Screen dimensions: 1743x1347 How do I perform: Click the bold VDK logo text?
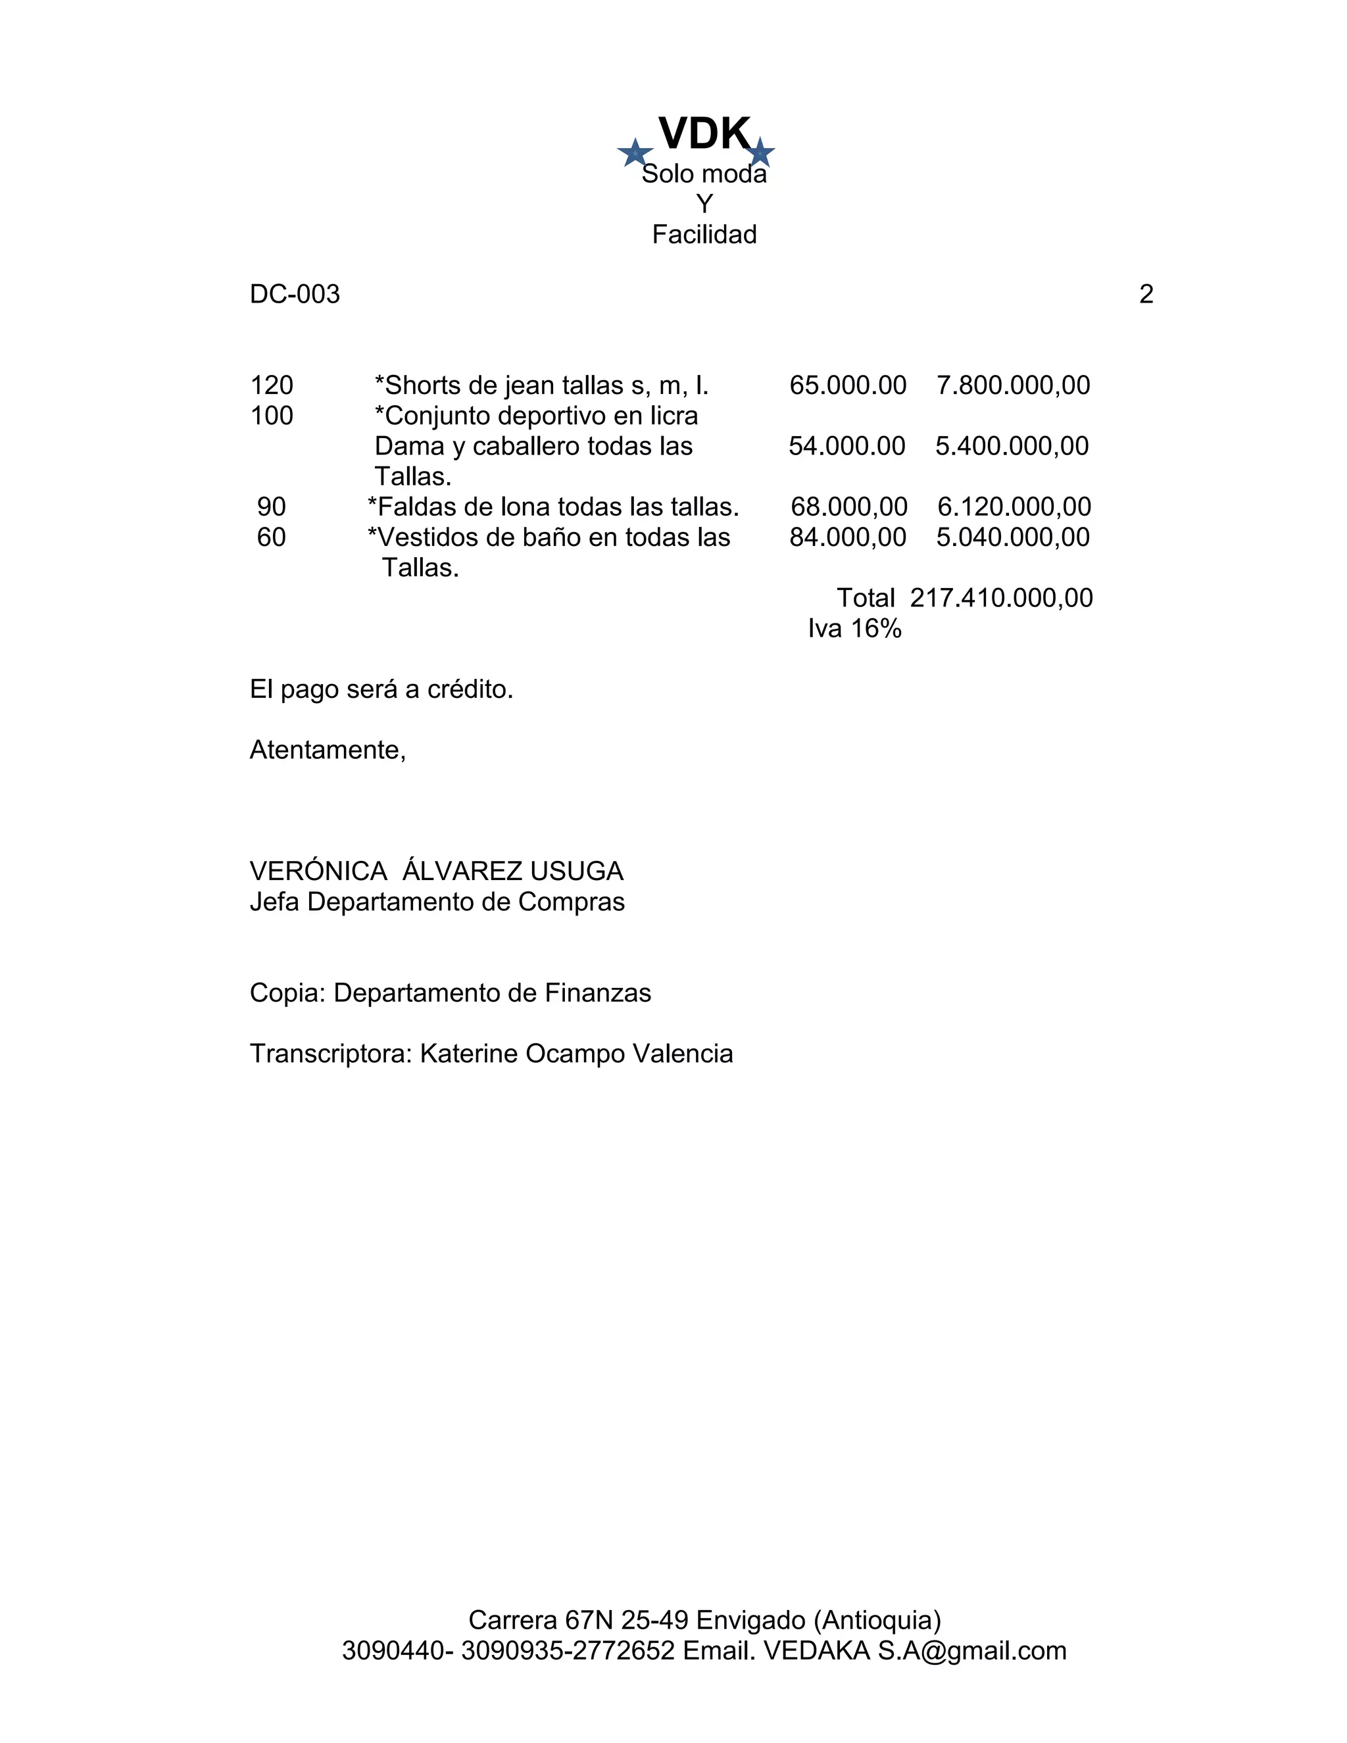pos(704,134)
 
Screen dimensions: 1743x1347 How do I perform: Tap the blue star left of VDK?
pos(635,153)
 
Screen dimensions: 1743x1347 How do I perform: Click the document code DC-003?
pos(295,295)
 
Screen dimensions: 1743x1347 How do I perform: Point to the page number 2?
pos(1146,295)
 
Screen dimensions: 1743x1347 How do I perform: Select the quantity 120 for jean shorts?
pos(272,385)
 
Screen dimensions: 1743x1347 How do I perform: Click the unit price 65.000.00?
pos(847,385)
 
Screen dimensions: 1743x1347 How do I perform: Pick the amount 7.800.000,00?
pos(1013,385)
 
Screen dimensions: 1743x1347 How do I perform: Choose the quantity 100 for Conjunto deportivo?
pos(272,416)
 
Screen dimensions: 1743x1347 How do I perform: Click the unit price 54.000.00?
pos(846,446)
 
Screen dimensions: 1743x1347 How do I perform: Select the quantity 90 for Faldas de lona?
pos(272,506)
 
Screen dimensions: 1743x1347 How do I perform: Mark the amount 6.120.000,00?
pos(1014,506)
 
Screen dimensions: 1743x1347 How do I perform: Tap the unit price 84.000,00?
pos(847,537)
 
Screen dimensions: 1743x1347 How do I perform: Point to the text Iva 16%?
pos(854,629)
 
